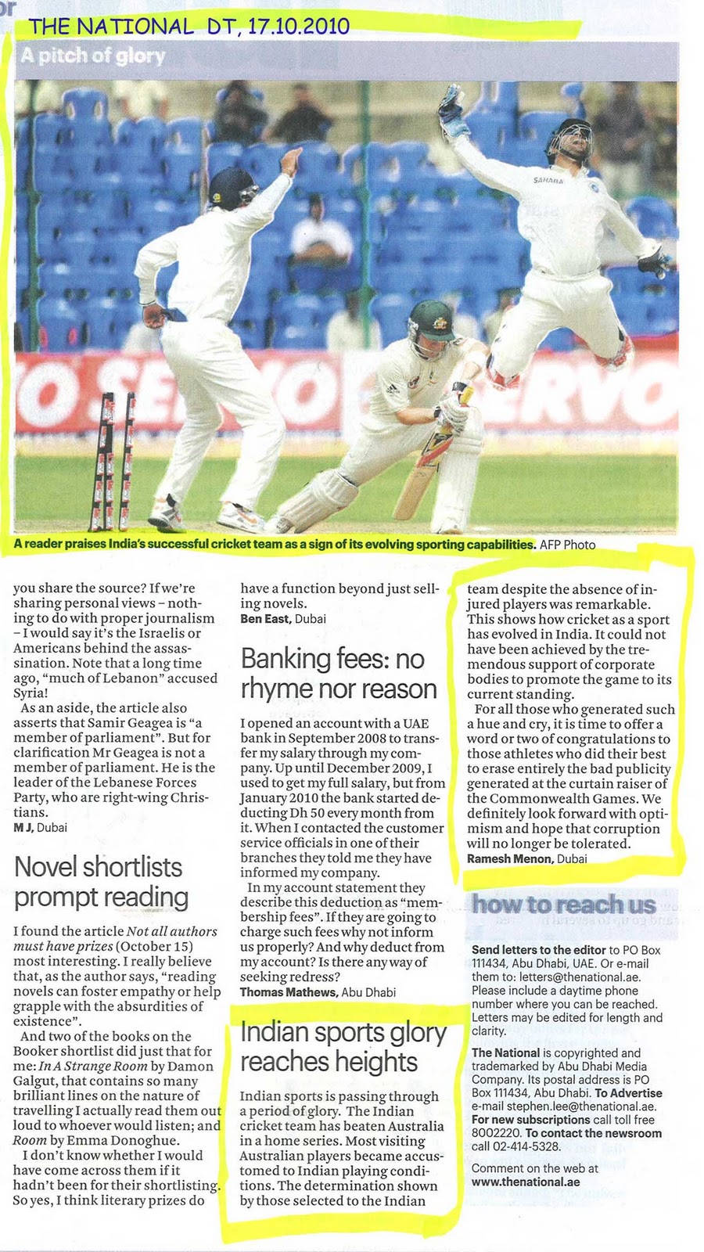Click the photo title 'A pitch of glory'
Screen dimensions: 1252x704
[93, 56]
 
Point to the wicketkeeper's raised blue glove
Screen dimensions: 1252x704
[453, 106]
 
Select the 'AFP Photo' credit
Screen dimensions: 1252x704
[567, 545]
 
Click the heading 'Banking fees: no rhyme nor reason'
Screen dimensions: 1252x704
[338, 674]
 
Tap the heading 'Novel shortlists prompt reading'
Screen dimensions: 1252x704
[101, 882]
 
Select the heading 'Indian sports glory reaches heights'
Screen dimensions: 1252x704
[343, 1047]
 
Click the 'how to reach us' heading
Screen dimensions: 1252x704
[563, 905]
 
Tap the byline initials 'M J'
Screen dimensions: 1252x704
[23, 826]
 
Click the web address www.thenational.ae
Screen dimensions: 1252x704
[526, 1182]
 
